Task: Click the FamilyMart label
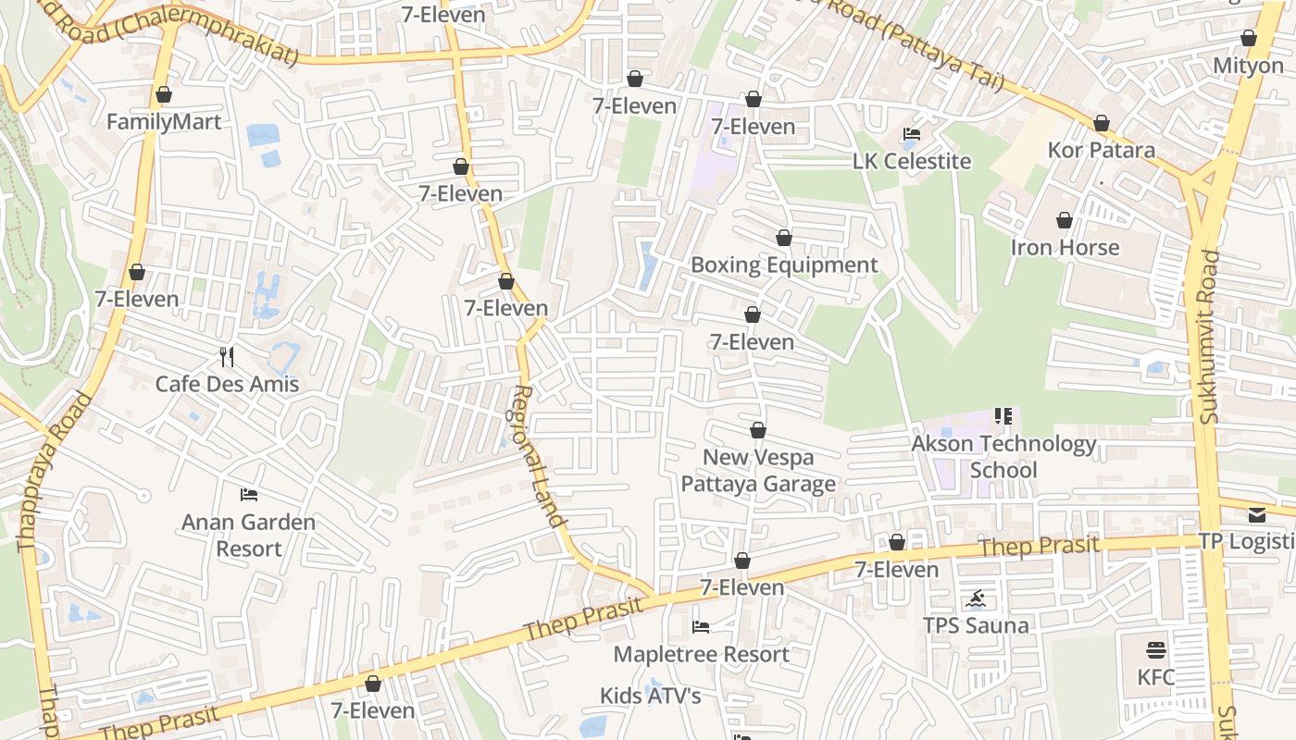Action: tap(164, 122)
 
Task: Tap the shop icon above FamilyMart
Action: tap(164, 94)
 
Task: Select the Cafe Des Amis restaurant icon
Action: tap(227, 356)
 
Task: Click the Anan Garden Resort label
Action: tap(248, 535)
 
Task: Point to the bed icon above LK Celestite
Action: tap(911, 134)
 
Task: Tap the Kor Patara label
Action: tap(1101, 150)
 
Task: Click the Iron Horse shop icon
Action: tap(1065, 220)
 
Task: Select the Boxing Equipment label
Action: tap(784, 265)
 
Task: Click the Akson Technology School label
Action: tap(1003, 457)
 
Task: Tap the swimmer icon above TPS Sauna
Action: tap(976, 599)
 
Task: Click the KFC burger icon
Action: tap(1155, 649)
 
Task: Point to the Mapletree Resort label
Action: tap(701, 655)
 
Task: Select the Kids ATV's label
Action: tap(650, 696)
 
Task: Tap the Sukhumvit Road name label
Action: tap(1209, 338)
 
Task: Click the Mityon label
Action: tap(1248, 67)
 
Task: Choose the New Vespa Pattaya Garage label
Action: tap(758, 470)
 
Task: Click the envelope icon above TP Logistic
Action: tap(1256, 514)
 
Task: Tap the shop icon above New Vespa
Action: tap(758, 430)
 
